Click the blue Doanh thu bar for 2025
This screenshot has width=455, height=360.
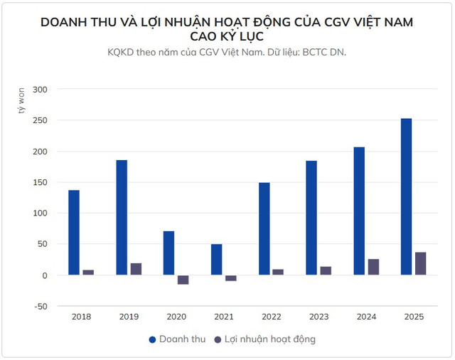[x=406, y=196]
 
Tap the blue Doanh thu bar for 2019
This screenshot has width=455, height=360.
[x=122, y=218]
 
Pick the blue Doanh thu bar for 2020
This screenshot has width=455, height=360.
[x=168, y=253]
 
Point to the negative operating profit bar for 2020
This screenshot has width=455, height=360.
[x=183, y=280]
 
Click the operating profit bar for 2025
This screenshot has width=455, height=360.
[x=420, y=263]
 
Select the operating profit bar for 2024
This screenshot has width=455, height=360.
[x=373, y=267]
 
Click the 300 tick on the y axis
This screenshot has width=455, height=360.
[x=40, y=90]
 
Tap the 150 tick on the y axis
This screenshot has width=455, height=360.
[x=40, y=182]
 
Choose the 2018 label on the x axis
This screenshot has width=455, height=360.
[x=81, y=317]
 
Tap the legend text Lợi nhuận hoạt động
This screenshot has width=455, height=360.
[x=270, y=339]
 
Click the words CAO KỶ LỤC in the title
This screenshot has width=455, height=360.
[x=227, y=37]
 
